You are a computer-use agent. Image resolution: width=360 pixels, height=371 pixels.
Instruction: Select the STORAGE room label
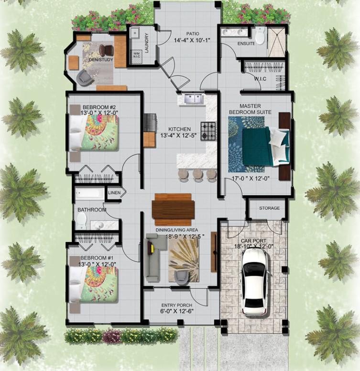tap(269, 208)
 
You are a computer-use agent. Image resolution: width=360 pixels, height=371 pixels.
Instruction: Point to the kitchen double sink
tap(191, 99)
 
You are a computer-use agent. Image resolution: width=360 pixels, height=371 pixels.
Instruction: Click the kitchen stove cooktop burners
tap(208, 131)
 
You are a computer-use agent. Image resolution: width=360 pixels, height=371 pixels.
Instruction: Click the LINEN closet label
tap(114, 193)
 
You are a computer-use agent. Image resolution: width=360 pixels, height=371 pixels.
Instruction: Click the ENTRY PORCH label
tap(177, 305)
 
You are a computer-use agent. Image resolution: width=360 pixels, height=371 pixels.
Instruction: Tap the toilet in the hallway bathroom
tap(81, 221)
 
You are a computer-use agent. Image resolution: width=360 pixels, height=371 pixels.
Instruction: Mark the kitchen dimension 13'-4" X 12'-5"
tap(180, 135)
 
